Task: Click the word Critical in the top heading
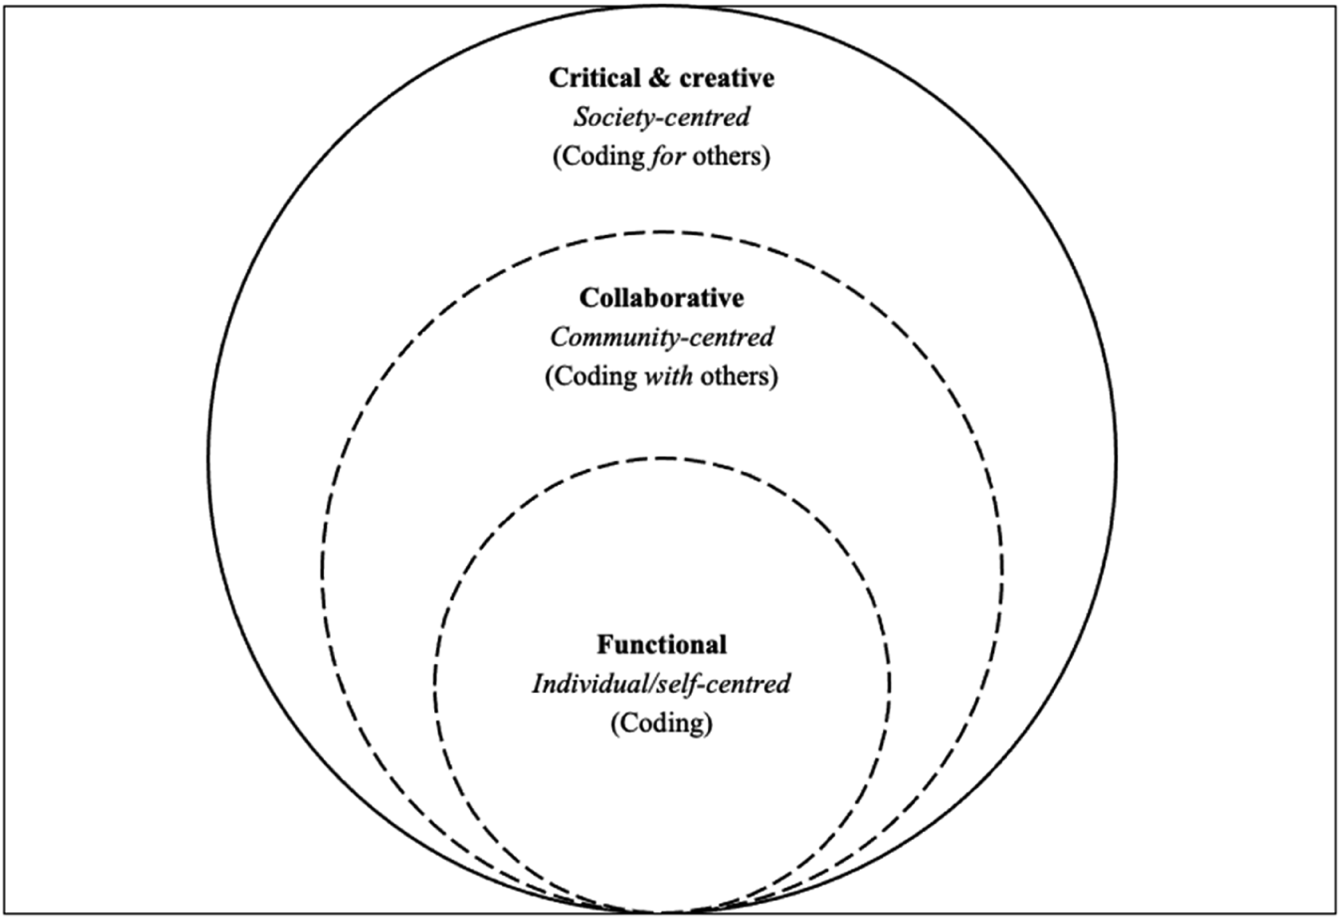point(594,78)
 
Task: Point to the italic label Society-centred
point(662,117)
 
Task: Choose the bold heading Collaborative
point(662,298)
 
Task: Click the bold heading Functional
point(662,645)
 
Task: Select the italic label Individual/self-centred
point(661,684)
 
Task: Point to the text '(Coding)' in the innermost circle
point(662,724)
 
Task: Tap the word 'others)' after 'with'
point(739,376)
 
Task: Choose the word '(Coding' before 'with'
point(592,376)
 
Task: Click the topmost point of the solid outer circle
point(662,7)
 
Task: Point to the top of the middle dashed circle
point(662,233)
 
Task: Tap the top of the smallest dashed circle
point(662,458)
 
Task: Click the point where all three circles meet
point(662,912)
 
